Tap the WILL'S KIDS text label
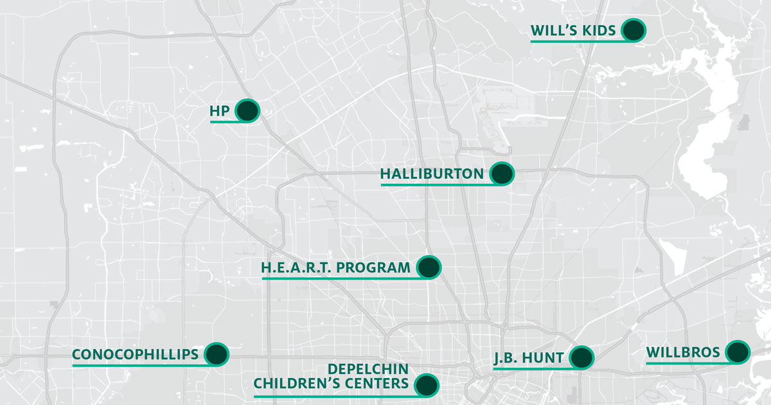[574, 30]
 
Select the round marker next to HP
[247, 111]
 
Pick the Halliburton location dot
[502, 174]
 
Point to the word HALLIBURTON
[432, 174]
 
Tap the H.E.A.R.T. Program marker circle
[429, 267]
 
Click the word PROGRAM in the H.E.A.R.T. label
[373, 267]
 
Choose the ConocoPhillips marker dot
[217, 354]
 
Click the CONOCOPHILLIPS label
[135, 354]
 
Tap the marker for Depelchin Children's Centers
[427, 384]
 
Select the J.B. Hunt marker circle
[581, 357]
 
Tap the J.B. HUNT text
[528, 357]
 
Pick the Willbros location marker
[738, 352]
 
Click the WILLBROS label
[683, 352]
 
